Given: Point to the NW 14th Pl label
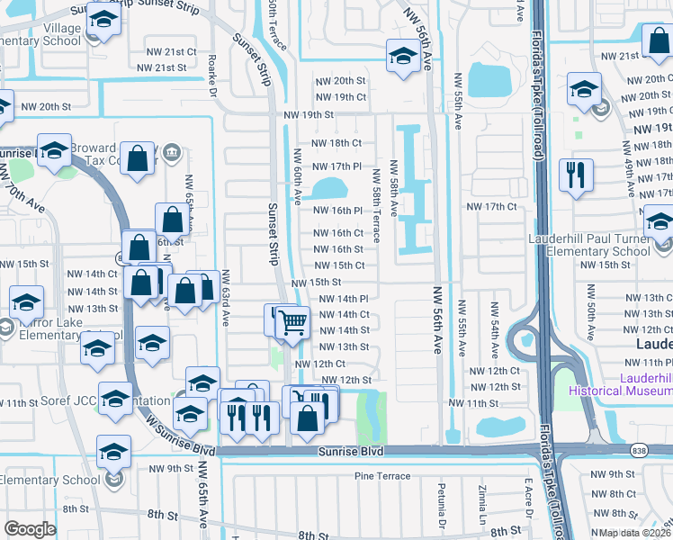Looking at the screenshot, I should tap(345, 299).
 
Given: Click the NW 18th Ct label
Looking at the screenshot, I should tap(337, 143).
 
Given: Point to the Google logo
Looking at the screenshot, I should tap(30, 529).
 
